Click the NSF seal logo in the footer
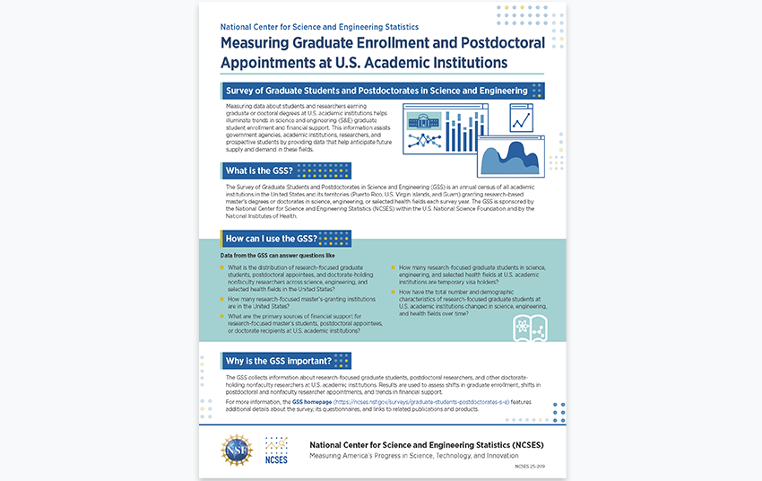tap(238, 449)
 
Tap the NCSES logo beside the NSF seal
tap(276, 449)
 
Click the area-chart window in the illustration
tap(509, 153)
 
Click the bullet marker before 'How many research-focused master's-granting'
tap(222, 299)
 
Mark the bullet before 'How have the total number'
tap(393, 293)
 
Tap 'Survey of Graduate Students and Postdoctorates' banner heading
tap(377, 91)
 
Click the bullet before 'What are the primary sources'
tap(222, 317)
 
